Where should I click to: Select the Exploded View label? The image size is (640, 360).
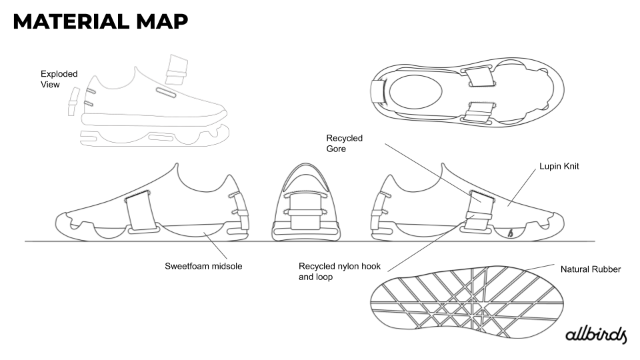59,79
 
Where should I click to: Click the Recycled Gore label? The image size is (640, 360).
344,143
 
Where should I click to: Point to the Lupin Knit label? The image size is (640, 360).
558,166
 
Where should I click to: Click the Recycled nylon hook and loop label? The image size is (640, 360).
339,271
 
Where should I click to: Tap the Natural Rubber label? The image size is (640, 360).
591,269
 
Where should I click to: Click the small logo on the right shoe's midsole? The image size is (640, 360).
510,233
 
